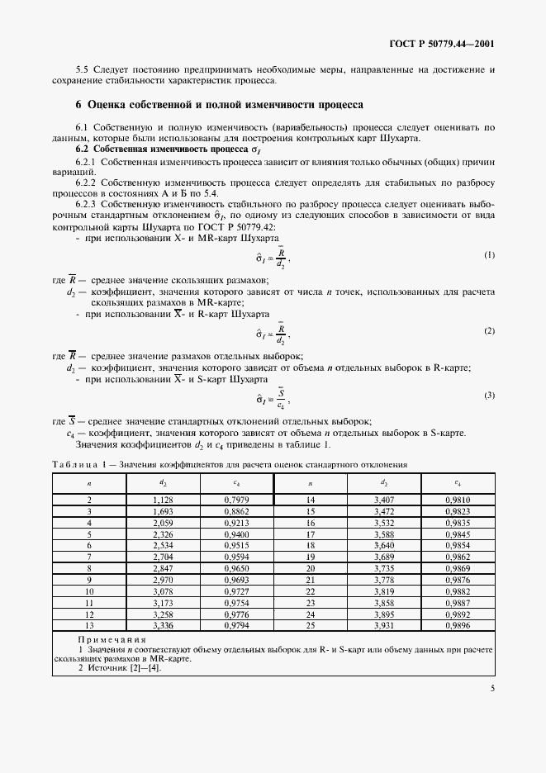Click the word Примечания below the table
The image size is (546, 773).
[x=112, y=639]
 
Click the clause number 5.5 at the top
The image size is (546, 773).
[x=82, y=70]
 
